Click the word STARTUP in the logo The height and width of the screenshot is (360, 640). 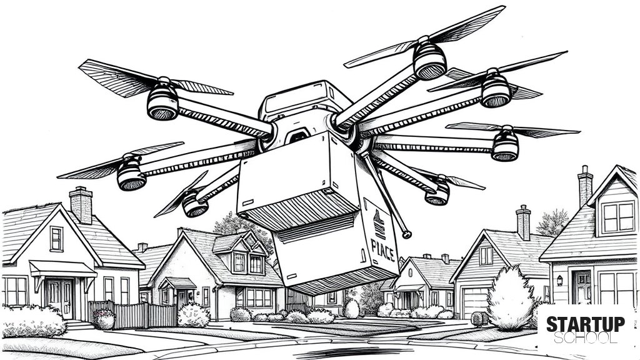[585, 324]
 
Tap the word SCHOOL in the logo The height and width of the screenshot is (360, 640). [585, 337]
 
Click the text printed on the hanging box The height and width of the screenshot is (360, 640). [382, 249]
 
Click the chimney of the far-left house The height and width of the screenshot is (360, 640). [81, 204]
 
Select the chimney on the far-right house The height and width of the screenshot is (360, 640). [585, 186]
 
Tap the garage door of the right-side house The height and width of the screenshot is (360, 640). [476, 302]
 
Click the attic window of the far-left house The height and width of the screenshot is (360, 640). [56, 239]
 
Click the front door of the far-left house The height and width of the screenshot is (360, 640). [60, 298]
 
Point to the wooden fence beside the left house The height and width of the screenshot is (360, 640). [132, 315]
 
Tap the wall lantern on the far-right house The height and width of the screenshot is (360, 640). [559, 280]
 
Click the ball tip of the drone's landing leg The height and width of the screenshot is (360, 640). [406, 234]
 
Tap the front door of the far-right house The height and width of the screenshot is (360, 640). [581, 287]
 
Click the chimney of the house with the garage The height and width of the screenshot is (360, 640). [523, 222]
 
